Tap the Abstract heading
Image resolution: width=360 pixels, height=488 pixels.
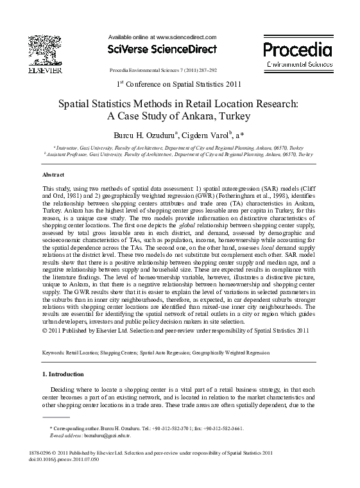click(53, 175)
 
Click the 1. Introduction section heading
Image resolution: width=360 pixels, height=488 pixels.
click(63, 374)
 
